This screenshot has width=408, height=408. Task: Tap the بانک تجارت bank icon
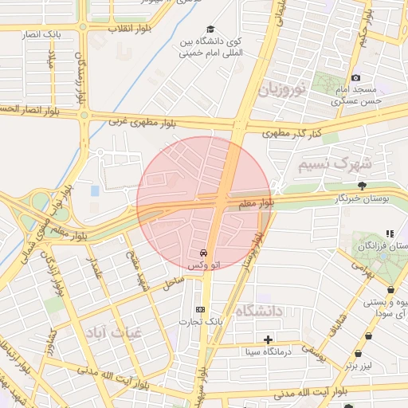click(199, 309)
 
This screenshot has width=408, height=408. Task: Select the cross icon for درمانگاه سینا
click(269, 340)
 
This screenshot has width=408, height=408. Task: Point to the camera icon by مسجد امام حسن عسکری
click(356, 77)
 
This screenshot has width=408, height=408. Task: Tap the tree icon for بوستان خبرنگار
click(363, 185)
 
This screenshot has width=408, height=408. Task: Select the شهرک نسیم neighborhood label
click(335, 163)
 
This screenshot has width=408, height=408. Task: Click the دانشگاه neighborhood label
click(261, 311)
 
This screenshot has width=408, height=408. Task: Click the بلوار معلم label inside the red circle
click(256, 205)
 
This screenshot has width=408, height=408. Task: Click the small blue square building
click(96, 191)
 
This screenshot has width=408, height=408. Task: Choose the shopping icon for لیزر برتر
click(367, 353)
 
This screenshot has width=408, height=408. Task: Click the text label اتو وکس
click(204, 263)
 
